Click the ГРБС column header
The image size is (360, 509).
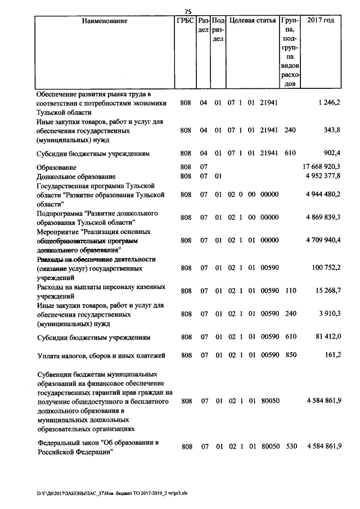click(185, 21)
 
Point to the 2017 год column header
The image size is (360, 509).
click(321, 21)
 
